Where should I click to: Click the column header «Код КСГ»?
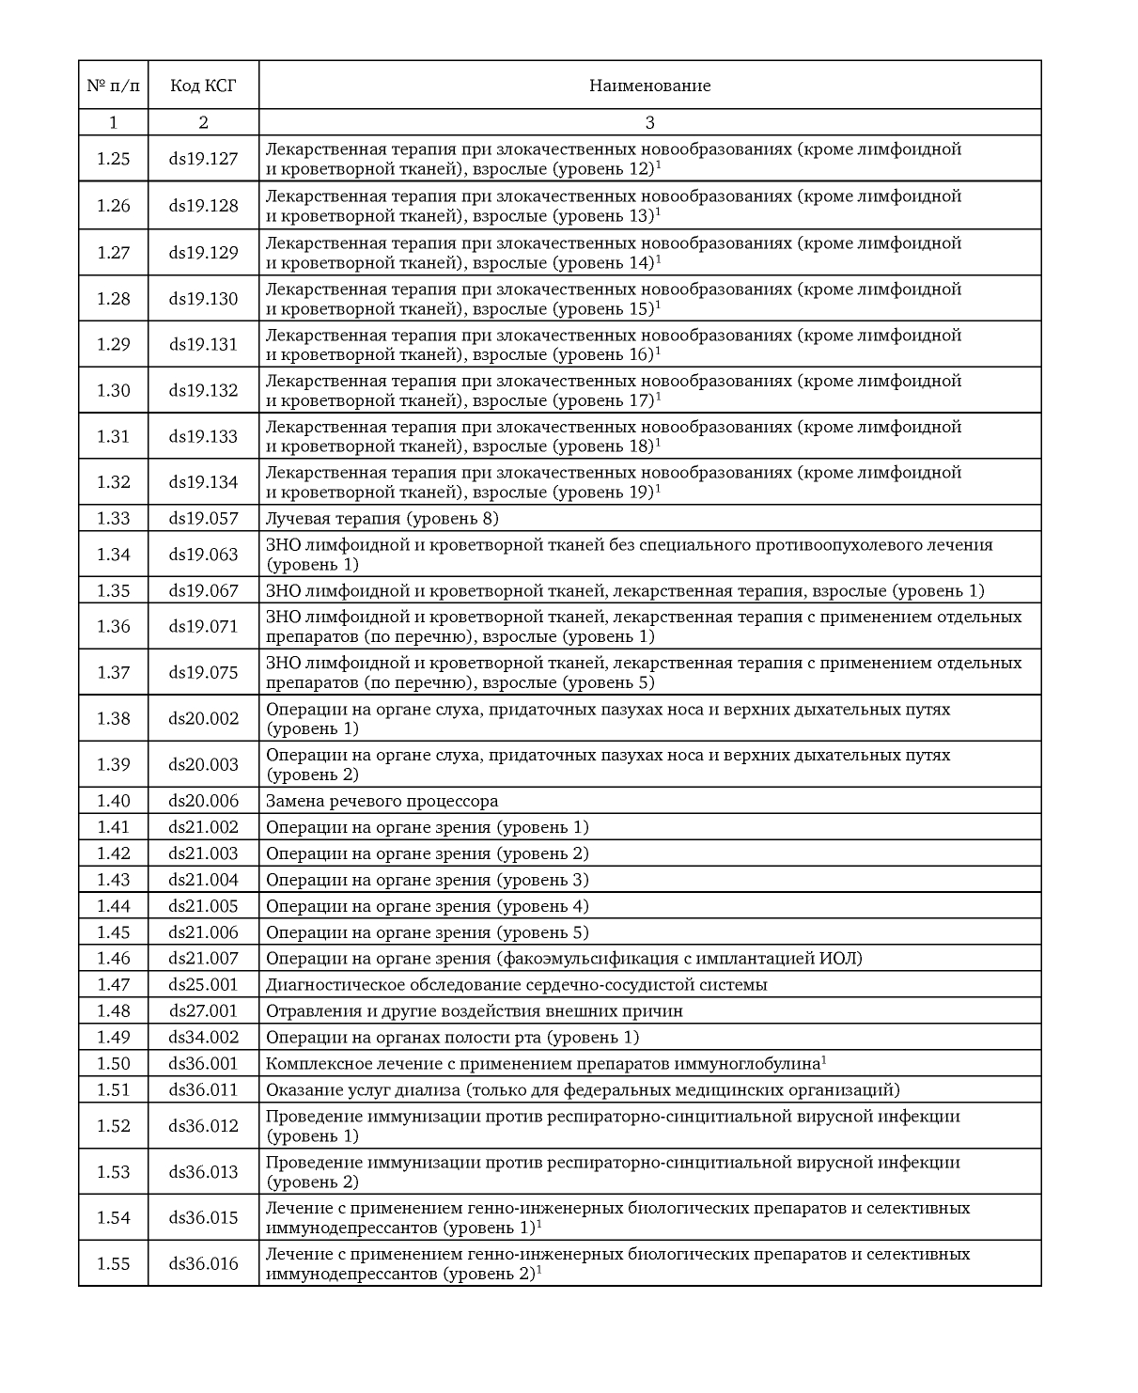pos(203,86)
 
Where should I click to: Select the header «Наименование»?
pos(649,86)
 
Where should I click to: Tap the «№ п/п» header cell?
pos(113,86)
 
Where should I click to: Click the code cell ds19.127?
pos(203,159)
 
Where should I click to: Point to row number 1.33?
pos(113,518)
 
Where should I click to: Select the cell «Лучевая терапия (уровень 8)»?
pos(382,518)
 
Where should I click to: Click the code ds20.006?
pos(203,801)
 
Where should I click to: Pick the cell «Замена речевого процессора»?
pos(382,801)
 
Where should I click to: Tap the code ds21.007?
pos(203,958)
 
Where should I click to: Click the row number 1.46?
pos(113,958)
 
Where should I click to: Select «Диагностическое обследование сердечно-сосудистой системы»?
pos(516,984)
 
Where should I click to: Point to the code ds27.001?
pos(203,1010)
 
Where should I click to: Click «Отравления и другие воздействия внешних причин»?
pos(475,1010)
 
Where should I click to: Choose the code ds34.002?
pos(203,1037)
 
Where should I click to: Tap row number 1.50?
pos(113,1063)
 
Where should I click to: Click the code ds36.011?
pos(203,1089)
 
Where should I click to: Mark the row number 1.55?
pos(113,1263)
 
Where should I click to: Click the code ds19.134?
pos(203,482)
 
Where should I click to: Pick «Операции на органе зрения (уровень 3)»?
pos(428,880)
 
